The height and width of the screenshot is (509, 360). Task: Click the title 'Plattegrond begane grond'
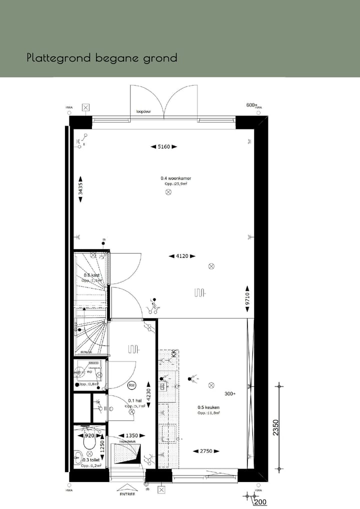tap(102, 58)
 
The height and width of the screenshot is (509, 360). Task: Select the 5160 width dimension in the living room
tap(164, 146)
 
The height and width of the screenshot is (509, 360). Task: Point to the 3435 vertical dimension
tap(80, 189)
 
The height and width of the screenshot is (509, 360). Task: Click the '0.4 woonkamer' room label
tap(175, 178)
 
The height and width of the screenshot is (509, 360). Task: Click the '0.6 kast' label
tap(92, 275)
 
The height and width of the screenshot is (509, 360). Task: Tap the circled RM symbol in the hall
tap(132, 385)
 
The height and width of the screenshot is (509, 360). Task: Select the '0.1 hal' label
tap(134, 400)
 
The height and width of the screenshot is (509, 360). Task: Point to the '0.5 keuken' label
tap(208, 407)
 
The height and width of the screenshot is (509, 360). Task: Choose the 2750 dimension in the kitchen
tap(206, 451)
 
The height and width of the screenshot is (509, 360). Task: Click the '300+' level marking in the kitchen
tap(230, 393)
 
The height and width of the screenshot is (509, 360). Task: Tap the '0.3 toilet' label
tap(91, 460)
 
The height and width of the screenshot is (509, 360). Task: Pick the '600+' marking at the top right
tap(251, 105)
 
